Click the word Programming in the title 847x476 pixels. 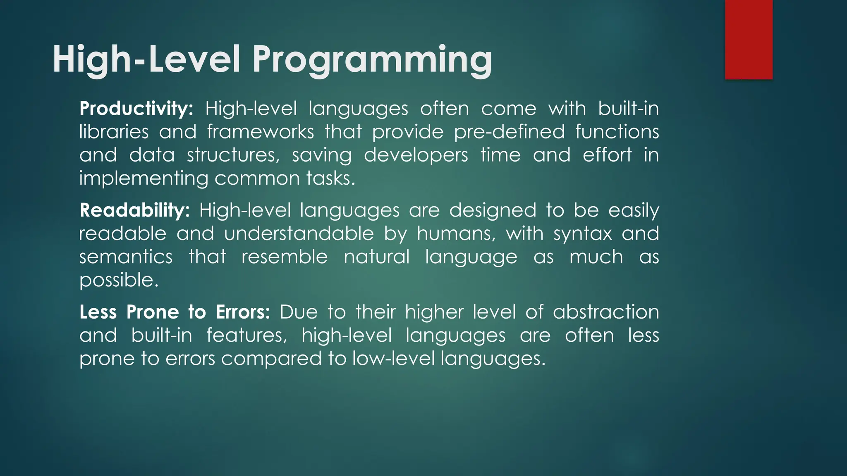(x=372, y=60)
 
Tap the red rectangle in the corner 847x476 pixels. (x=749, y=39)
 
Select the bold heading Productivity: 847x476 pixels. (x=136, y=109)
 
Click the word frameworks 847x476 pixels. (x=261, y=132)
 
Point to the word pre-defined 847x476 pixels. (x=509, y=132)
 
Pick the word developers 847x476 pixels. (x=416, y=155)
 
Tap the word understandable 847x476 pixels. (x=299, y=234)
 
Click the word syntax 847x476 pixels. (x=582, y=234)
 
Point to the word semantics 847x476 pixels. (x=126, y=257)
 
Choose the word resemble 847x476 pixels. (x=285, y=257)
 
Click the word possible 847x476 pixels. (x=119, y=281)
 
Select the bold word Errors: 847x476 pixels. (x=242, y=312)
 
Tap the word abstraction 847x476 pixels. (x=605, y=312)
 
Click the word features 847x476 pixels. (x=246, y=335)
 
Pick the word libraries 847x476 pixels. (x=114, y=132)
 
